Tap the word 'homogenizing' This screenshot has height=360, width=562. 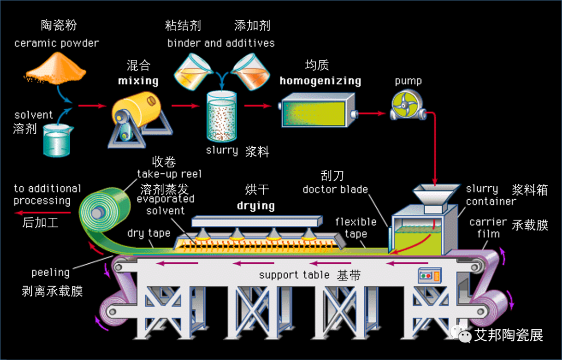[x=320, y=81]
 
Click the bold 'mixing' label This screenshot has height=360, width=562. [x=138, y=81]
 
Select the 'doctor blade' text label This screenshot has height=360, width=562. [x=335, y=189]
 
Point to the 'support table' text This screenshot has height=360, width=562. [x=294, y=275]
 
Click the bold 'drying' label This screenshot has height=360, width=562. [x=256, y=205]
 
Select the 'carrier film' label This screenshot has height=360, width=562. [x=488, y=228]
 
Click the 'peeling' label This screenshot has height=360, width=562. [x=50, y=272]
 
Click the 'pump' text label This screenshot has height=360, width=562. [x=408, y=81]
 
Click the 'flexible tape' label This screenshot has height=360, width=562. [x=356, y=228]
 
